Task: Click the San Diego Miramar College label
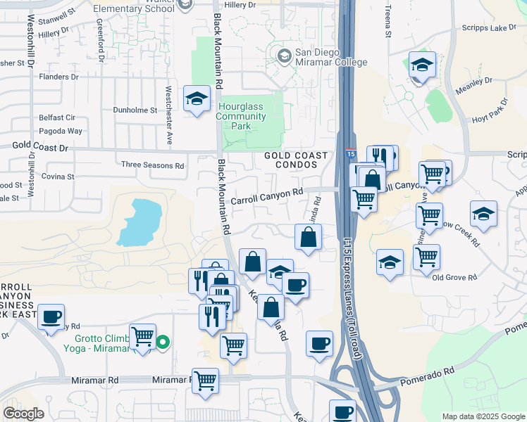coord(330,57)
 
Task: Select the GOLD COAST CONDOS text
coord(296,160)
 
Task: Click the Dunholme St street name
coord(135,110)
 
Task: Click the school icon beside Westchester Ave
coord(197,98)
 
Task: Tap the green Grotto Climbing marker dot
coord(163,343)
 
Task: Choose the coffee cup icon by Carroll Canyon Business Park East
coord(51,317)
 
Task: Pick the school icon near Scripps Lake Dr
coord(421,65)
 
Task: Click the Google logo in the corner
coord(24,414)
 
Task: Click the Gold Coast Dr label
coord(40,148)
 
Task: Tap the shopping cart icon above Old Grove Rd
coord(426,257)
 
